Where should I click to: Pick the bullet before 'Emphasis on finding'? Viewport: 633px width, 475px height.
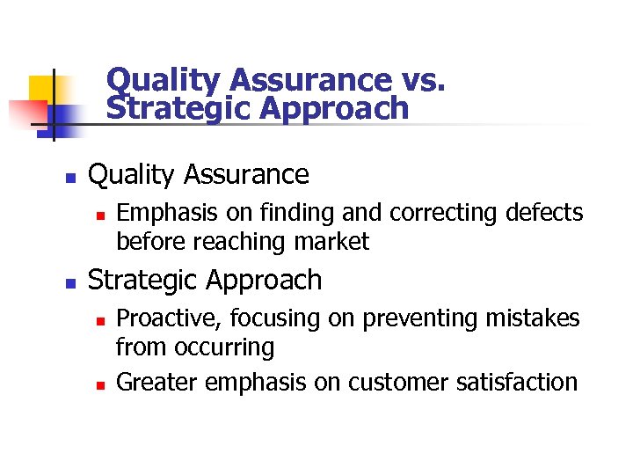pyautogui.click(x=101, y=214)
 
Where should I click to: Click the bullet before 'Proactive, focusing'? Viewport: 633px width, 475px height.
pyautogui.click(x=101, y=318)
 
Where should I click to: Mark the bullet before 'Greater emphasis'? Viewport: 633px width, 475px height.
pyautogui.click(x=101, y=383)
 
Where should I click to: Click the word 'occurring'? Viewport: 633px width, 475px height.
pyautogui.click(x=226, y=347)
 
